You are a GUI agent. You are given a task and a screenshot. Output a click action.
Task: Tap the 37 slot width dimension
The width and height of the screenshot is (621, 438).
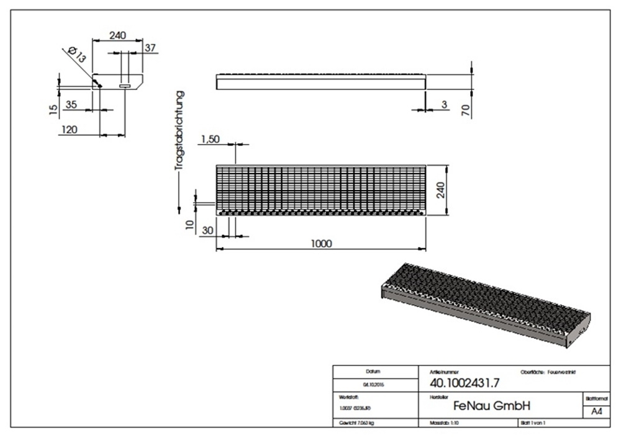click(x=150, y=47)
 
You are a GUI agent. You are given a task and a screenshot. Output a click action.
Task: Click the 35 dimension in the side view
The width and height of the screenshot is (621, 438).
click(x=71, y=104)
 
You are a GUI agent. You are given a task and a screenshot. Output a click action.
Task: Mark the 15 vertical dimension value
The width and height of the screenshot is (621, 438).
click(x=54, y=109)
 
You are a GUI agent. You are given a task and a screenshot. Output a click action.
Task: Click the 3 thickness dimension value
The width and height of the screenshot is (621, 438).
click(x=444, y=104)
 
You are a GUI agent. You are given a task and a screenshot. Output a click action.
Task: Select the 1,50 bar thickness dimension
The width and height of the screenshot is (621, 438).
click(x=210, y=140)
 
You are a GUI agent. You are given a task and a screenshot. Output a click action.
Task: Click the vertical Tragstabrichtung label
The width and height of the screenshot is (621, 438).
click(x=179, y=130)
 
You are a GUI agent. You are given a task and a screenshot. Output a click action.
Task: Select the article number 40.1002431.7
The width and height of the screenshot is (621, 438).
click(x=460, y=383)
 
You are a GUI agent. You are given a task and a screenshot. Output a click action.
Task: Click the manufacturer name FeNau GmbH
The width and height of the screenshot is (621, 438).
click(x=491, y=406)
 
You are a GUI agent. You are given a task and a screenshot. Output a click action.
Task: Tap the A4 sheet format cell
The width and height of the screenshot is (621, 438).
click(x=596, y=411)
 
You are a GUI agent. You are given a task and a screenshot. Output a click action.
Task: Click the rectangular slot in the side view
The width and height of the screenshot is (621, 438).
click(x=125, y=86)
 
